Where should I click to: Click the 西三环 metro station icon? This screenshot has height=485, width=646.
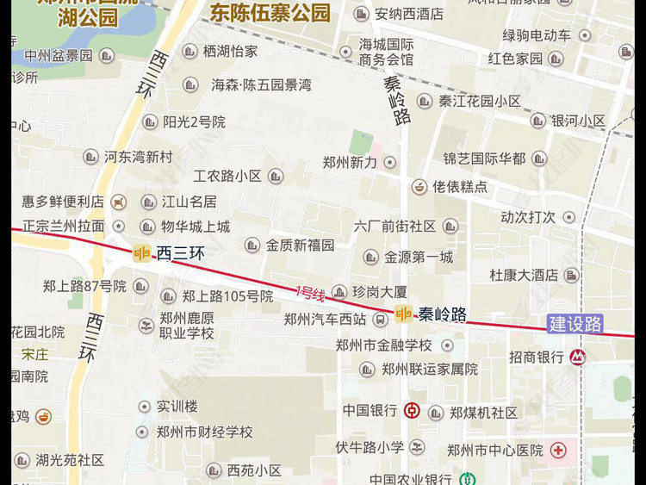tap(141, 253)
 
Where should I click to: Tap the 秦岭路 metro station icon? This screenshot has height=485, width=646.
tap(403, 314)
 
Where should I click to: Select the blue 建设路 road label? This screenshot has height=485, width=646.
tap(575, 325)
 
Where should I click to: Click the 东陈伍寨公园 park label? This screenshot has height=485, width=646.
tap(270, 13)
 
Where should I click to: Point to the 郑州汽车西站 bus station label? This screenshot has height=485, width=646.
tap(325, 320)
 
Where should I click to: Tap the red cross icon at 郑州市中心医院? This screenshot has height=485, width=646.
tap(559, 450)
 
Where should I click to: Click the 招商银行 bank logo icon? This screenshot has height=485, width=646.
tap(576, 357)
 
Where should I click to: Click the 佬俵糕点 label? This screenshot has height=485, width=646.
tap(459, 186)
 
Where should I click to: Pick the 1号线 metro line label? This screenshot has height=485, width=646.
tap(310, 294)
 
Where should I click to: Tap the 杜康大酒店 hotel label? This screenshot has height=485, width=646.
tap(524, 276)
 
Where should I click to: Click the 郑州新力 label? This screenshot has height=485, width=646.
tap(350, 162)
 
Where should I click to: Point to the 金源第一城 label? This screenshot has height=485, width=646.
tap(418, 257)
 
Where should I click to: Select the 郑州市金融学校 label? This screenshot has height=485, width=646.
tap(383, 345)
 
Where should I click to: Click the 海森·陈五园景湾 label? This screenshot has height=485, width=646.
tap(261, 85)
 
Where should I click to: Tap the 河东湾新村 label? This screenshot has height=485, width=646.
tap(138, 157)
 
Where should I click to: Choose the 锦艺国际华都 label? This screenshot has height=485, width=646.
tap(484, 159)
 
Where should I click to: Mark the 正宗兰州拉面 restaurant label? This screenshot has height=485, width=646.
tap(63, 227)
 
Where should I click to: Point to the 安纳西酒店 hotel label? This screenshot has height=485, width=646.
tap(409, 14)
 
